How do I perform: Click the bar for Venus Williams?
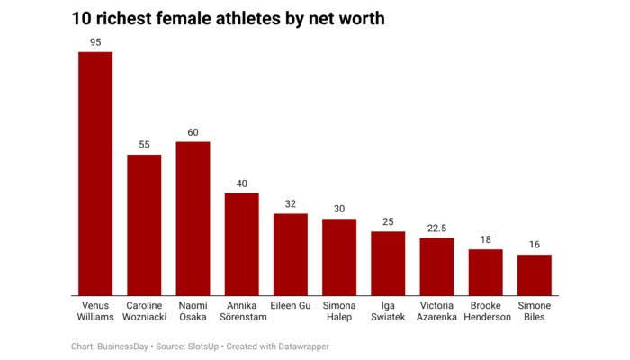tap(95, 174)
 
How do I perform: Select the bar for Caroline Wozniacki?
tap(144, 225)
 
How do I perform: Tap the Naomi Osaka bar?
tap(193, 219)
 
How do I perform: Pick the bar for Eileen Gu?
tap(291, 255)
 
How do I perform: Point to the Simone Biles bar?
tap(535, 275)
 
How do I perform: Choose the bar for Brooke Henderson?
tap(486, 273)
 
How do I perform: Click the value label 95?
tap(95, 42)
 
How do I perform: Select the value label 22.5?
tap(437, 229)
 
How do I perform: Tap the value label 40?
tap(241, 184)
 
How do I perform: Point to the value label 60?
tap(193, 132)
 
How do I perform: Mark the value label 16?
tap(535, 246)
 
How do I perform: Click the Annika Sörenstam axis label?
tap(241, 311)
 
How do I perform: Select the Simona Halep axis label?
tap(339, 311)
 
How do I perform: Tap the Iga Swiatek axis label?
tap(388, 311)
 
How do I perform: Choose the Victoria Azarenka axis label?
tap(437, 311)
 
